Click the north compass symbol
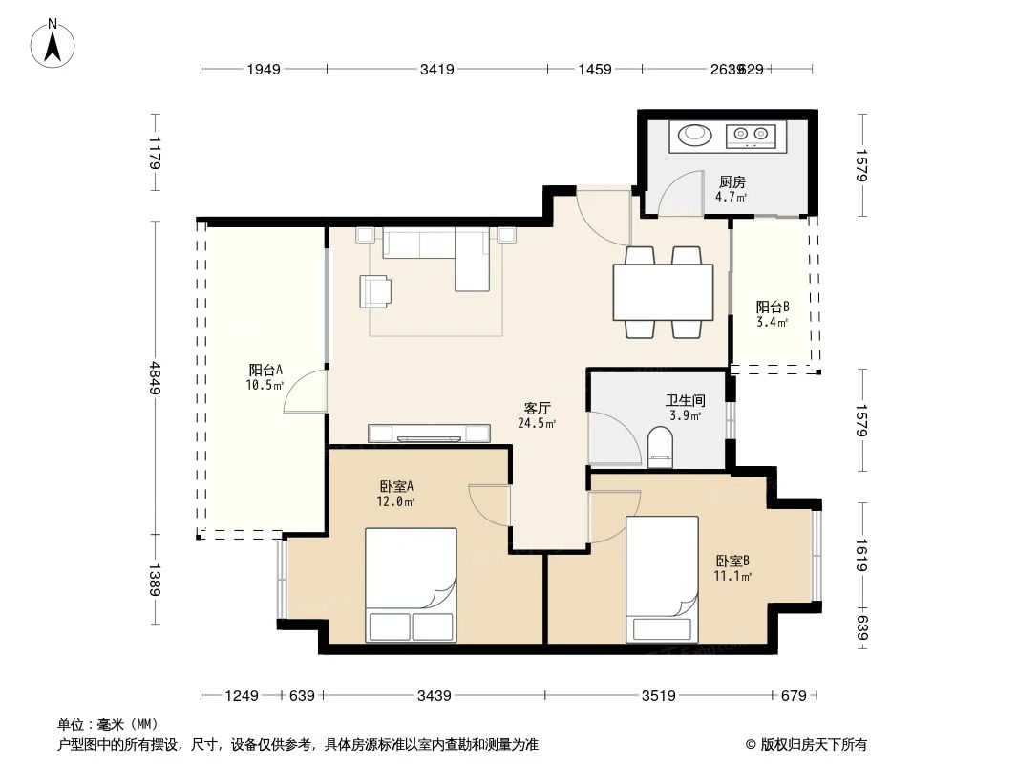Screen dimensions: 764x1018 53,42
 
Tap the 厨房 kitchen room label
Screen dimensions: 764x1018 732,181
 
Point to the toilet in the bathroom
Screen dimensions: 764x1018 660,447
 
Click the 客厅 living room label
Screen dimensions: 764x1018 537,408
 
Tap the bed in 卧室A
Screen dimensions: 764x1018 411,584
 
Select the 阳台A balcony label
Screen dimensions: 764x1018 265,371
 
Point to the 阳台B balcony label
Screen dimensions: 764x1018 773,308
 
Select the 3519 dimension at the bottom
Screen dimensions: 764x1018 657,695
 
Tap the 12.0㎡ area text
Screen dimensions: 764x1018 395,501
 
